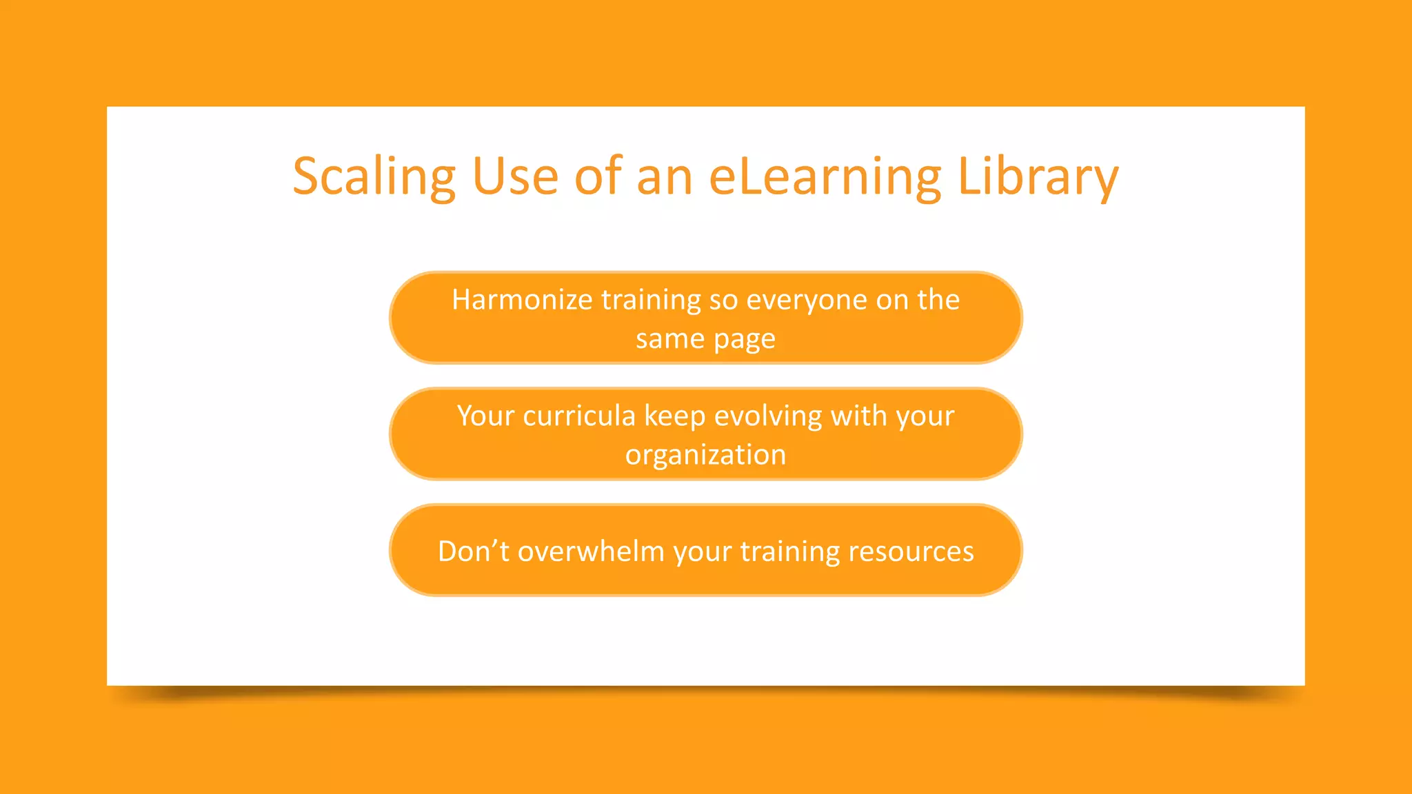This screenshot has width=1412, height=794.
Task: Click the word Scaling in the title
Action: click(x=374, y=177)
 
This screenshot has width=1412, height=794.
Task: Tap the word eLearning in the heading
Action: click(x=825, y=177)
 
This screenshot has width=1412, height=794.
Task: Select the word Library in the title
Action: click(x=1038, y=177)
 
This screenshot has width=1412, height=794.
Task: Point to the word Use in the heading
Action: click(x=515, y=177)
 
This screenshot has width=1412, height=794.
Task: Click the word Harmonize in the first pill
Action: click(x=522, y=300)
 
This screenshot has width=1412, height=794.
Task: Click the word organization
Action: click(x=705, y=456)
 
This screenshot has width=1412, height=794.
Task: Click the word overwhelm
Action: click(x=591, y=551)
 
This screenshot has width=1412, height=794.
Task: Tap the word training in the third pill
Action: click(x=790, y=551)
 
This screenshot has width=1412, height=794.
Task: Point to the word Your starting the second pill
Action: click(x=485, y=416)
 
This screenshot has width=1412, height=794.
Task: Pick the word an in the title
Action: click(x=665, y=177)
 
